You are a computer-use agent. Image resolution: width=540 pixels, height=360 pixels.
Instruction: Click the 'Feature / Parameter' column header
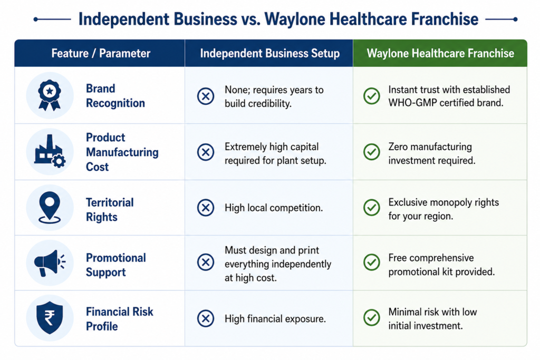point(101,53)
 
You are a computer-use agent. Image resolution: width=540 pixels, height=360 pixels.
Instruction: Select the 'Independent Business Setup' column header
point(269,53)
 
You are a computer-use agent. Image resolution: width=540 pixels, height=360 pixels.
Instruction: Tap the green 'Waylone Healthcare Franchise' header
point(440,53)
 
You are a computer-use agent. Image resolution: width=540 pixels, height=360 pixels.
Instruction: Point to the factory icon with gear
point(50,151)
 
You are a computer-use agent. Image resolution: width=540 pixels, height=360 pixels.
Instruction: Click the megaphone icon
point(50,263)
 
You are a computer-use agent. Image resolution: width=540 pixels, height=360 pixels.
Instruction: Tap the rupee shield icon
point(50,318)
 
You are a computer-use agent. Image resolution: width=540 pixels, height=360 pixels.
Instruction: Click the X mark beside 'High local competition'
point(206,208)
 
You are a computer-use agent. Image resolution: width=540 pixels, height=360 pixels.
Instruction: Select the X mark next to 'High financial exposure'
point(206,318)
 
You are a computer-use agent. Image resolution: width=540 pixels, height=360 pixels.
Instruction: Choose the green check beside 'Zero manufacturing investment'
point(372,152)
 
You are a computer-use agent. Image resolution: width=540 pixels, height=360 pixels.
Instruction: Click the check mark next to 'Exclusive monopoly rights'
point(372,208)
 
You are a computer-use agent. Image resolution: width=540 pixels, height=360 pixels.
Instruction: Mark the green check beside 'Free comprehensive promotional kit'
point(372,262)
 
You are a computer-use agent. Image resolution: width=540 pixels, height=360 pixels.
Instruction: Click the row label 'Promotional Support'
point(115,265)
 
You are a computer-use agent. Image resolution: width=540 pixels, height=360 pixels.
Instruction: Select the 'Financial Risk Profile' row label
point(119,319)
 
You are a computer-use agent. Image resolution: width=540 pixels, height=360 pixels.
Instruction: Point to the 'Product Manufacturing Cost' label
point(122,152)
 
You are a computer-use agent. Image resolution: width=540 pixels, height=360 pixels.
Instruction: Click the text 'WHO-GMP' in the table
point(408,103)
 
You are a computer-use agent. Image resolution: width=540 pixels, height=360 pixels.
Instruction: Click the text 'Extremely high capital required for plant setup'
point(275,153)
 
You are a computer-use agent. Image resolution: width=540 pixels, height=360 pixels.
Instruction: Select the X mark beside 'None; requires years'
point(206,96)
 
